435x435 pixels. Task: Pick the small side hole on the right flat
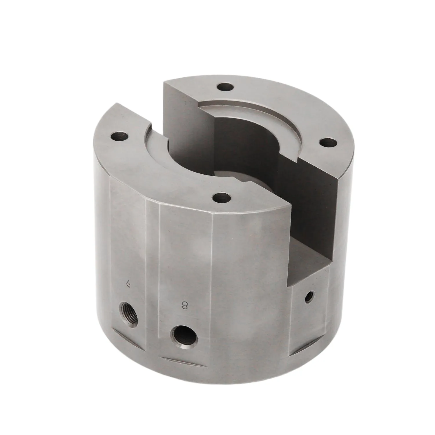[x=310, y=296]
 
